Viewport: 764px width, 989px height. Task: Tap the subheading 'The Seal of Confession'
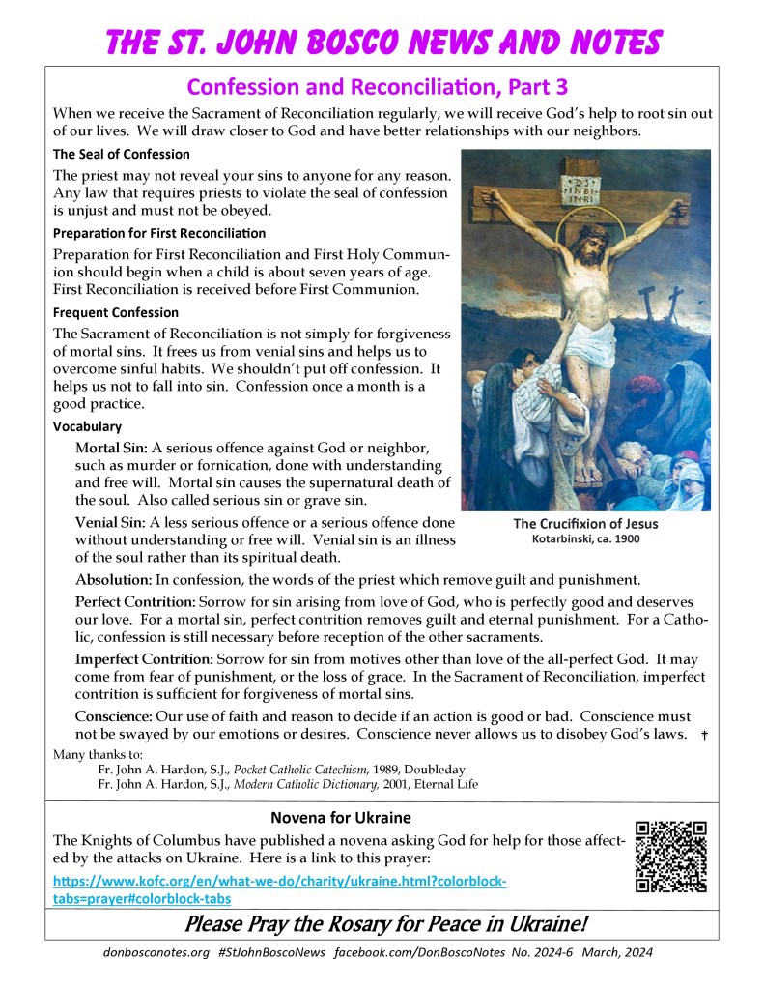coord(122,155)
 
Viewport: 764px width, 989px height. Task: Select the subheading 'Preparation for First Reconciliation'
coord(159,234)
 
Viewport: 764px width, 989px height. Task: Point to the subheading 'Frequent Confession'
coord(116,313)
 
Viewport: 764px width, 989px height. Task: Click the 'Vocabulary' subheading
coord(87,426)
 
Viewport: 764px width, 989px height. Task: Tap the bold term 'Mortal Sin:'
coord(111,450)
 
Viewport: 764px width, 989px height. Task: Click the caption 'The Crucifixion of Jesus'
coord(585,524)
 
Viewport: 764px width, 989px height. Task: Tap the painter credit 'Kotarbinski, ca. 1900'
coord(585,539)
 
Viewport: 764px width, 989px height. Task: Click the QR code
coord(671,856)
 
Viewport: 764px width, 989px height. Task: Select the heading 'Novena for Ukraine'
coord(341,817)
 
